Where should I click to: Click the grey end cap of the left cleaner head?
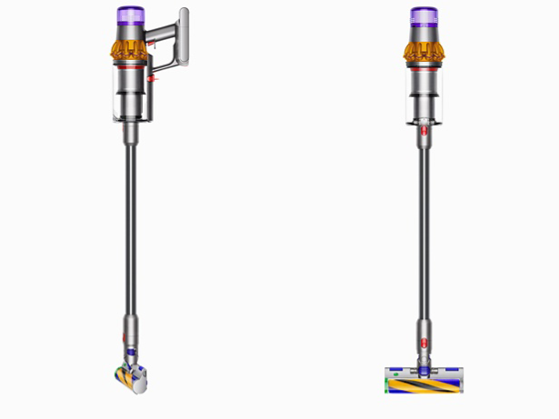[x=139, y=386]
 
